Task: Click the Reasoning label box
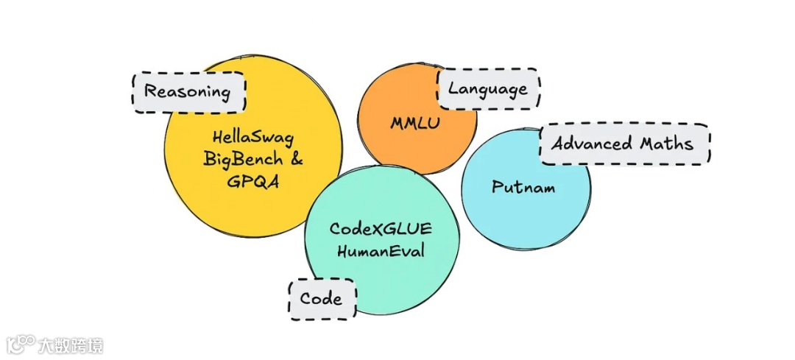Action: coord(188,92)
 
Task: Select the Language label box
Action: coord(488,89)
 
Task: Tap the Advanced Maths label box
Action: coord(624,143)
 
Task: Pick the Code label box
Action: coord(322,298)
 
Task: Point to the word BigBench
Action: coord(243,159)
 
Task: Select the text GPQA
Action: coord(253,182)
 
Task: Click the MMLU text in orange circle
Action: coord(415,122)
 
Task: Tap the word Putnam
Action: coord(523,187)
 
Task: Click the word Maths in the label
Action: coord(668,143)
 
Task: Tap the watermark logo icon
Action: coord(21,345)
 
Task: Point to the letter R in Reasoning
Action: coord(149,92)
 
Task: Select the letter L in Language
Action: coord(453,89)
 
